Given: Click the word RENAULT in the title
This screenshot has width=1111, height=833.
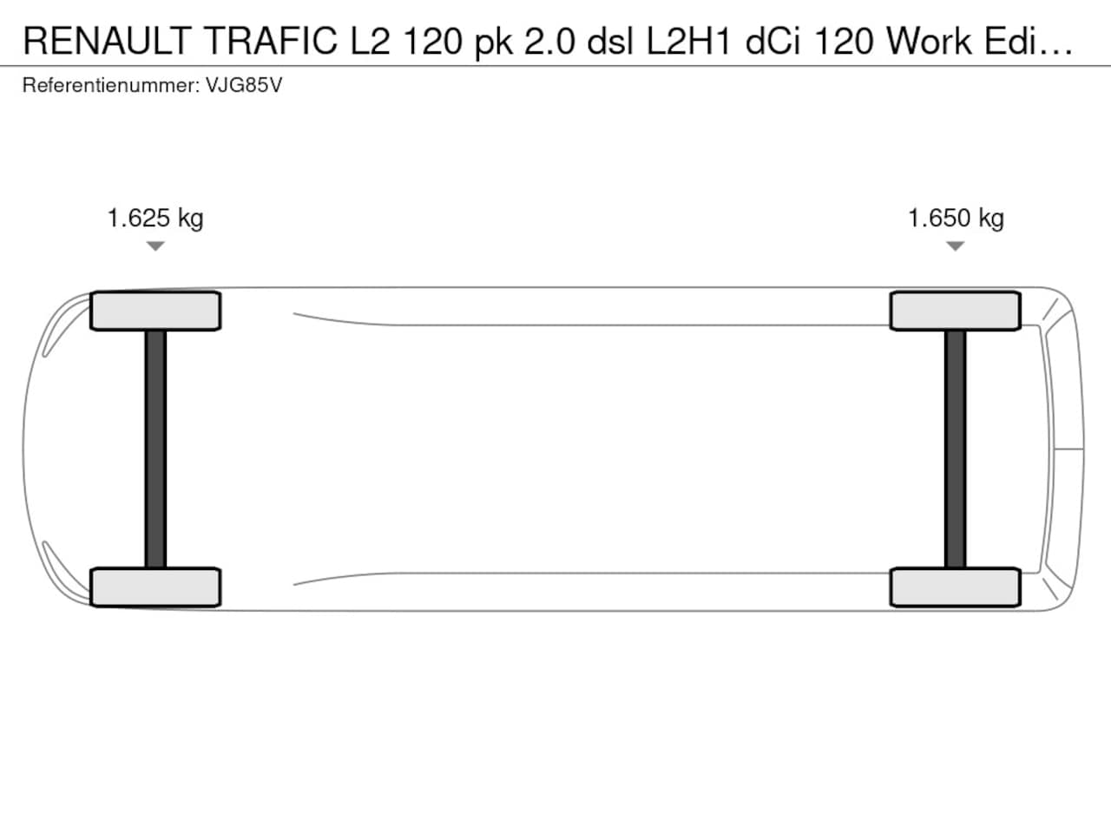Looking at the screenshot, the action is tap(108, 41).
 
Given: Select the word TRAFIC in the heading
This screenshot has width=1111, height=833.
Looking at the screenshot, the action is tap(270, 41).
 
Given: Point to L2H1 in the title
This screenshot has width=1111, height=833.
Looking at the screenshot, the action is tap(689, 41).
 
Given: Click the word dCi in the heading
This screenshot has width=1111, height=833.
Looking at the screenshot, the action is tap(772, 41).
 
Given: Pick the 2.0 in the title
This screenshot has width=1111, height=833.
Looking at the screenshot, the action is tap(549, 41).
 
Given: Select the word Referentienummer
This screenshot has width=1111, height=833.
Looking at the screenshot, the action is tap(111, 86).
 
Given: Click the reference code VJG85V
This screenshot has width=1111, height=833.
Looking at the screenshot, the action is tap(244, 86).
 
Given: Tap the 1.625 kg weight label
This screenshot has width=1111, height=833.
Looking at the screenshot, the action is tap(155, 219).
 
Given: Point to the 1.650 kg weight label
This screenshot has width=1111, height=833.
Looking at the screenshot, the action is tap(957, 219).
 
